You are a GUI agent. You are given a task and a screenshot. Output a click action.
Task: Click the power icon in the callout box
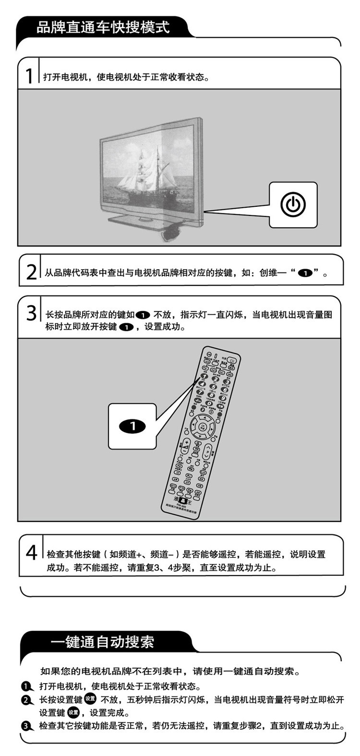[x=293, y=205]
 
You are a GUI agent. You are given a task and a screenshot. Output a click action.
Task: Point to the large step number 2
[x=31, y=272]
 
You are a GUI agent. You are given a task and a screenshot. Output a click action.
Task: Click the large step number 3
[x=31, y=314]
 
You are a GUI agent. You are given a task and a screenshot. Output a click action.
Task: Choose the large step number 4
[x=31, y=552]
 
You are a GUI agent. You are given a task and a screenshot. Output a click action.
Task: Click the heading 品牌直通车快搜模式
[x=103, y=27]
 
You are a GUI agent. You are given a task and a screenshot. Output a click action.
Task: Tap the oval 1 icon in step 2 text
[x=305, y=273]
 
